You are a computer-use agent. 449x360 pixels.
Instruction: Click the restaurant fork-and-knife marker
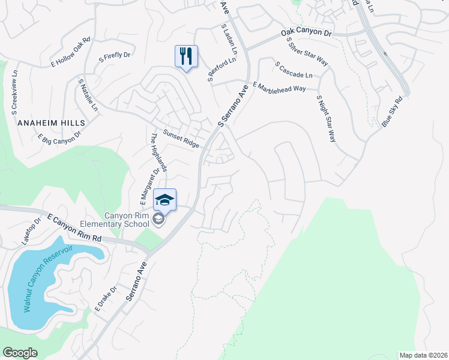tap(187, 56)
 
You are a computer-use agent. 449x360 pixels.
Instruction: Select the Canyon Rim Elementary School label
tap(127, 220)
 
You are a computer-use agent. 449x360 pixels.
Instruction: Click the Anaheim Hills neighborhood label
tap(52, 122)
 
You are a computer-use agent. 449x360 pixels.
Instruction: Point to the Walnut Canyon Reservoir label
tap(48, 278)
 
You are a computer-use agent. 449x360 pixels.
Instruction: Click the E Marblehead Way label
tap(279, 88)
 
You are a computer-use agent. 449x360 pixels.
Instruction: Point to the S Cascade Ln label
tap(294, 70)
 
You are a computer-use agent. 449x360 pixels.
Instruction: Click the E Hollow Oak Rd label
tap(70, 52)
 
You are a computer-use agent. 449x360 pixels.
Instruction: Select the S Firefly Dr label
tap(114, 57)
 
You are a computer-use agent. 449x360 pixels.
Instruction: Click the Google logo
tap(20, 353)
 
